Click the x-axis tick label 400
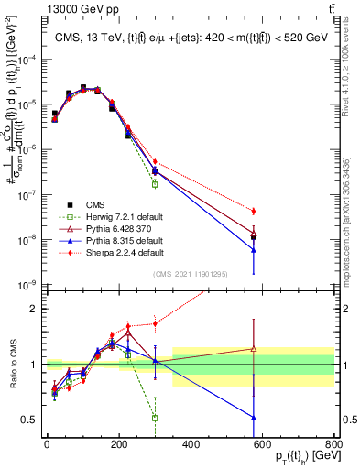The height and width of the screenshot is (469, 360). [191, 445]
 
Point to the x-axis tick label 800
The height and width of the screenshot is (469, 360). [334, 445]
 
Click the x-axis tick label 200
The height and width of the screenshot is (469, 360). [118, 445]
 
